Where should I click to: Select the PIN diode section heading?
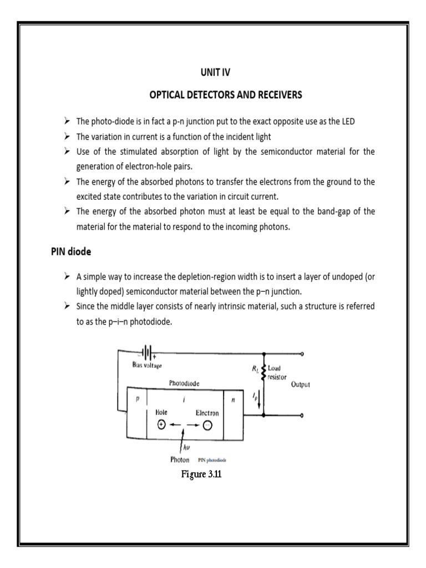[x=68, y=251]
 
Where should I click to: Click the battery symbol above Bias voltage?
[x=147, y=352]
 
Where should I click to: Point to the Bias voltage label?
[x=146, y=365]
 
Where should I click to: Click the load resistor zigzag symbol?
[x=263, y=372]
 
